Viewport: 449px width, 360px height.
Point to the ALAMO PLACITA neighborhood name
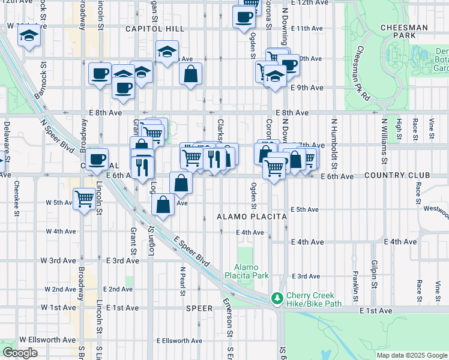click(x=243, y=217)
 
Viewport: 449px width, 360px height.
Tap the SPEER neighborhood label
click(x=199, y=308)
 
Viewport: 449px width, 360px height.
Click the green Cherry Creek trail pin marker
click(x=277, y=298)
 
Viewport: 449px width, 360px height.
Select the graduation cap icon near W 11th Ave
click(x=29, y=37)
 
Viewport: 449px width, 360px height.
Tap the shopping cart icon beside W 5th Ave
click(x=85, y=199)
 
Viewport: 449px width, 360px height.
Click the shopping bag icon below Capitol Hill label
click(x=190, y=75)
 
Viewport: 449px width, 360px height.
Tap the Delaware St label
click(x=7, y=144)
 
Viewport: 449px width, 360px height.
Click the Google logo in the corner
click(x=19, y=353)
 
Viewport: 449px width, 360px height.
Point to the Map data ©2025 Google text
click(x=411, y=355)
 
